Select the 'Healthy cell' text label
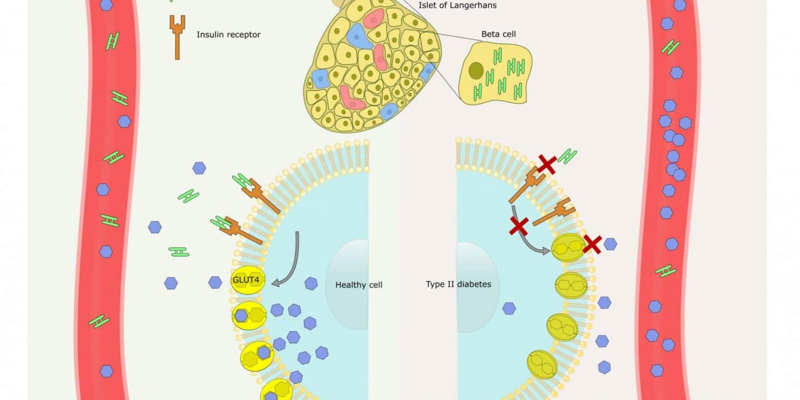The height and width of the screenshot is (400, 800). (x=359, y=285)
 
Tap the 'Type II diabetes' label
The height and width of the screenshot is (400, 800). (x=458, y=284)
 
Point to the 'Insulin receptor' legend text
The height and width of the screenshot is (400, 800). (x=228, y=34)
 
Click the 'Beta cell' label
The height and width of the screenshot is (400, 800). (x=498, y=34)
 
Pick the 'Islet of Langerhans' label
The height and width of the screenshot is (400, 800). (x=457, y=6)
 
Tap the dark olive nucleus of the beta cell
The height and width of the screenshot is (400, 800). (x=476, y=71)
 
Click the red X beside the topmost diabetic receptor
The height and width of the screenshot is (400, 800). (x=546, y=164)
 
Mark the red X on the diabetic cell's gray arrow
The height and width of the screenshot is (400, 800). (x=519, y=226)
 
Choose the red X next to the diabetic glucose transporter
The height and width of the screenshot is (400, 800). (x=592, y=244)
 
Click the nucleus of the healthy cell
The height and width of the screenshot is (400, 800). (x=348, y=286)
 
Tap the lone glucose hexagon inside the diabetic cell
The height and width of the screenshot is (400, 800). (x=509, y=308)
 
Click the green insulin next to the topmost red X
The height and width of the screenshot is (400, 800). (x=567, y=156)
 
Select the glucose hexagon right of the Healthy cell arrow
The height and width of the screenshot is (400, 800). (x=311, y=284)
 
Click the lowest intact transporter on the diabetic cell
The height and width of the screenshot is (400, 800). (x=542, y=364)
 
